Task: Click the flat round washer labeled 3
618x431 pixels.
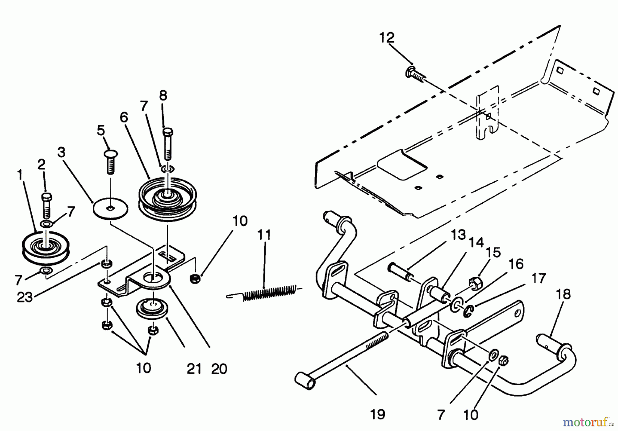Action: (111, 208)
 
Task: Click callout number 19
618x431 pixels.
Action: (377, 415)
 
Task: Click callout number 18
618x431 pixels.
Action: (563, 294)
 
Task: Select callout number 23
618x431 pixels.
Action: (25, 297)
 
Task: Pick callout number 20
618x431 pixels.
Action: (219, 369)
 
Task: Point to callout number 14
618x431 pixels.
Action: (476, 243)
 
